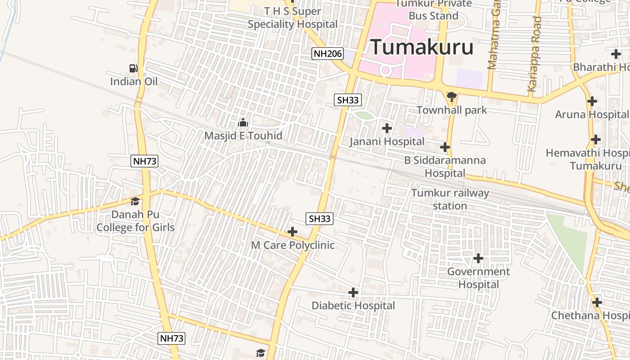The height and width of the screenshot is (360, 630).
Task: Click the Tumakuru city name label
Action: (422, 47)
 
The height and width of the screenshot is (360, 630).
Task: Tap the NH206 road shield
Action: (327, 54)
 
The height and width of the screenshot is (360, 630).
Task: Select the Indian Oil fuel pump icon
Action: (134, 68)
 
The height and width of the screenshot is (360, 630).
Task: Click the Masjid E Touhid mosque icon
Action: (243, 122)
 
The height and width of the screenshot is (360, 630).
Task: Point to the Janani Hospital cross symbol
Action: (387, 128)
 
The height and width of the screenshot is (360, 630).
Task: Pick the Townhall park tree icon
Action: (452, 96)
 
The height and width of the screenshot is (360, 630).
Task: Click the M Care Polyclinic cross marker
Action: (292, 232)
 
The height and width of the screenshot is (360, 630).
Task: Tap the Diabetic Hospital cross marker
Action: (353, 292)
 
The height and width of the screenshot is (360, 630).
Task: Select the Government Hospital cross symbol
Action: (478, 258)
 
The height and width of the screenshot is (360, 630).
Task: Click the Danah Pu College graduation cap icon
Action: (135, 201)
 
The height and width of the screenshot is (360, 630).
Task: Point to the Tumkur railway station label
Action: (450, 199)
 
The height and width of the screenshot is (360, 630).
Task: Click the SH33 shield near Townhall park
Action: (348, 100)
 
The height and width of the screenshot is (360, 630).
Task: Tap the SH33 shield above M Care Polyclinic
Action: (320, 219)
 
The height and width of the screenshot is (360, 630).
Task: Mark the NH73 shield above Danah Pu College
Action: (145, 161)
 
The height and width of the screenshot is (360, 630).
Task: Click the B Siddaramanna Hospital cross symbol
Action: (445, 147)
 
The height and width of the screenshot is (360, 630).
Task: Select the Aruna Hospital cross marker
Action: (592, 101)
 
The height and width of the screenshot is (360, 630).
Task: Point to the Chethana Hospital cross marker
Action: (597, 302)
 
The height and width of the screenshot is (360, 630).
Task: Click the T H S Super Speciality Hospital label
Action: (292, 18)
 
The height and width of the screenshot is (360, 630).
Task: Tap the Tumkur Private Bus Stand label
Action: (434, 9)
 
